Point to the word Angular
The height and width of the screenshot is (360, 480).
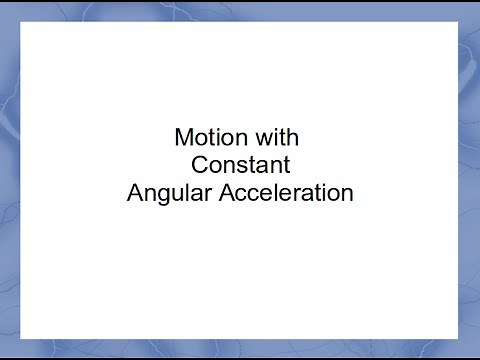[164, 193]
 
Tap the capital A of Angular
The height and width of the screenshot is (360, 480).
[135, 193]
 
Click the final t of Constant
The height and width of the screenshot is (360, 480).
[287, 165]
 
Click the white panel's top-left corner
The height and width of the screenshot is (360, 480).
[21, 21]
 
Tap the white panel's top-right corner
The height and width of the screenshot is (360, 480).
[458, 21]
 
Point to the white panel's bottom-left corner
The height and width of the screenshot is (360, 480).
[21, 338]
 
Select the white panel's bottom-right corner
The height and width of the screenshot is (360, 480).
[458, 338]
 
